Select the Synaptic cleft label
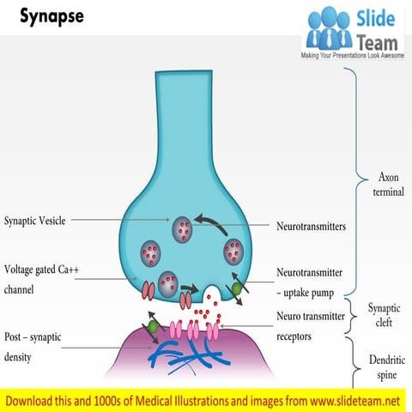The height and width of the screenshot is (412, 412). [384, 314]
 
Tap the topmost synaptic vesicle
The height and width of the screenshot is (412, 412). [182, 228]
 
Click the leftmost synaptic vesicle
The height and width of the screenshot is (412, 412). [153, 253]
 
